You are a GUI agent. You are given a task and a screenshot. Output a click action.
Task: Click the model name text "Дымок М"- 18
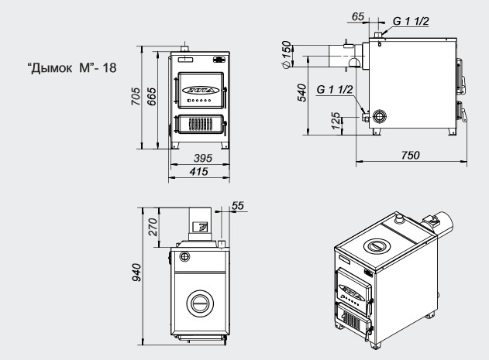pos(72,67)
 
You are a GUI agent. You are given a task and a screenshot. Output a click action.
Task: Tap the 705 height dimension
pos(136,96)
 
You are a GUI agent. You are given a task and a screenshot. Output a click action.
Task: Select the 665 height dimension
pos(151,96)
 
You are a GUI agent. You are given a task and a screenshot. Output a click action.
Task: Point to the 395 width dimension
pos(203,158)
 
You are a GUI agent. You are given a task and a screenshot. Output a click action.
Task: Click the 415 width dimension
pos(198,171)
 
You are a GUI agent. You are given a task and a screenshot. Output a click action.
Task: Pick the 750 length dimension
pos(411,155)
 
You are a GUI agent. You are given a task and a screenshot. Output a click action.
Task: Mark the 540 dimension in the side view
pos(302,93)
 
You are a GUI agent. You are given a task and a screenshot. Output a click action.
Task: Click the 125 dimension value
pos(336,121)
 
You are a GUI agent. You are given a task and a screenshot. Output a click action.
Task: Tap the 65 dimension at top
pos(358,16)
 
